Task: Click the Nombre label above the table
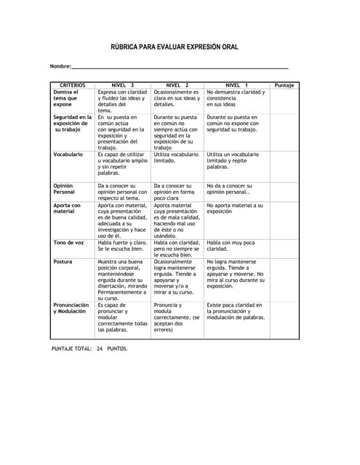(60, 67)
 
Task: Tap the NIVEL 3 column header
(123, 85)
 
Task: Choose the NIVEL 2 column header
(177, 85)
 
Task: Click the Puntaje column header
(284, 85)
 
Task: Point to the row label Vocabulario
(68, 155)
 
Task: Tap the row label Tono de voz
(68, 243)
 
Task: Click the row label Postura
(63, 262)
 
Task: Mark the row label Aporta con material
(67, 209)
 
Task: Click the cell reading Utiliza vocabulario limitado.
(176, 158)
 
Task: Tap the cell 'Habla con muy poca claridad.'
(231, 246)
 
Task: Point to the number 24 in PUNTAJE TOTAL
(100, 349)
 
